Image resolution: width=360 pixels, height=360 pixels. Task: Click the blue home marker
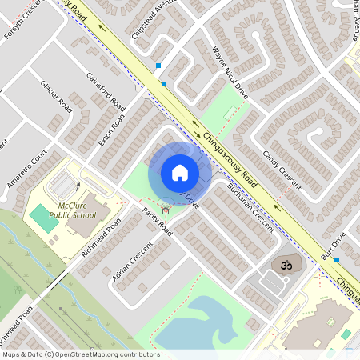click(x=180, y=172)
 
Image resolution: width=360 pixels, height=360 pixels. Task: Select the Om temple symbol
click(x=281, y=264)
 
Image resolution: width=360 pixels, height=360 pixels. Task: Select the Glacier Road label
click(x=56, y=97)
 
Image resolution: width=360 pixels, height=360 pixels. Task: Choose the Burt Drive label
click(x=332, y=244)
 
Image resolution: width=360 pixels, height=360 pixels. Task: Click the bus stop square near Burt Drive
click(x=337, y=260)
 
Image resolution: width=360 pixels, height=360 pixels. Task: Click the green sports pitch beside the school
click(x=39, y=215)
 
